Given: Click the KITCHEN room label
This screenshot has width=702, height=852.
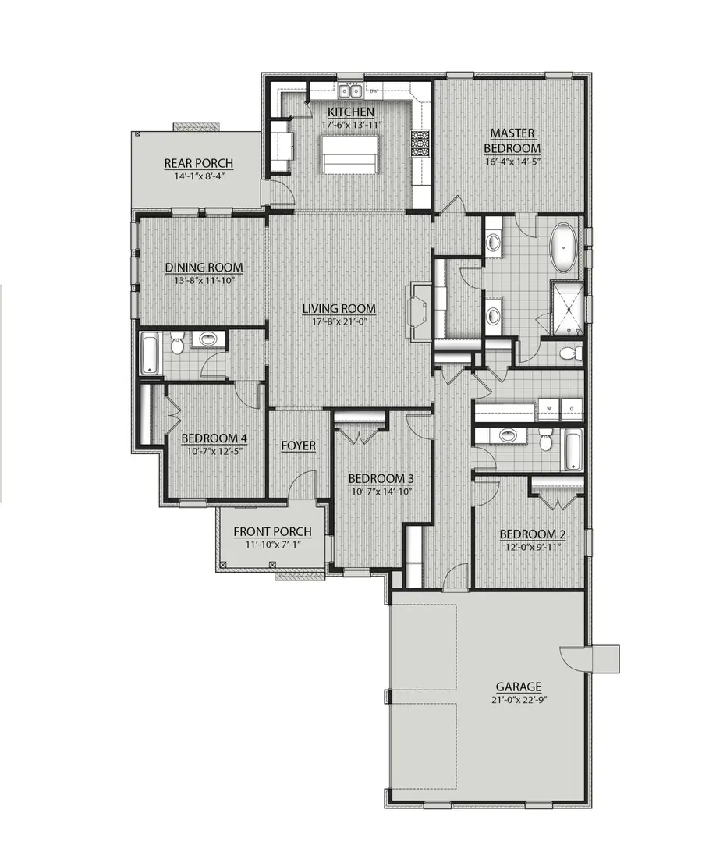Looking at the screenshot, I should click(349, 112).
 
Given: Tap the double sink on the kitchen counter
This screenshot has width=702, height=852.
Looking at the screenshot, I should click(350, 92).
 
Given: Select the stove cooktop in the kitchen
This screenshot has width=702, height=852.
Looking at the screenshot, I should click(420, 144).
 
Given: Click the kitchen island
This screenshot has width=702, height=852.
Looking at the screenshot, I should click(350, 153).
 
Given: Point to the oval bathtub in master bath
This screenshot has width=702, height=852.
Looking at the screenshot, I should click(564, 244).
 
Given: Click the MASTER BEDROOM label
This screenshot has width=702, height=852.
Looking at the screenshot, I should click(512, 140).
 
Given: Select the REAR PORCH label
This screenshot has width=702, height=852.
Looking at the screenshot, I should click(198, 163).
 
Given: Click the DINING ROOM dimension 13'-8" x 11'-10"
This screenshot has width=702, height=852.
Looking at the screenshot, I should click(204, 280).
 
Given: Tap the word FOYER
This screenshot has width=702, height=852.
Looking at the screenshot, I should click(298, 446).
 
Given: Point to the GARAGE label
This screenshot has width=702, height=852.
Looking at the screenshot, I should click(518, 687).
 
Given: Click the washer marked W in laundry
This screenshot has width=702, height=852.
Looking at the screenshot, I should click(548, 408).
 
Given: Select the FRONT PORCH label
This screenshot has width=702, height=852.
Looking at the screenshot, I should click(272, 531).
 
